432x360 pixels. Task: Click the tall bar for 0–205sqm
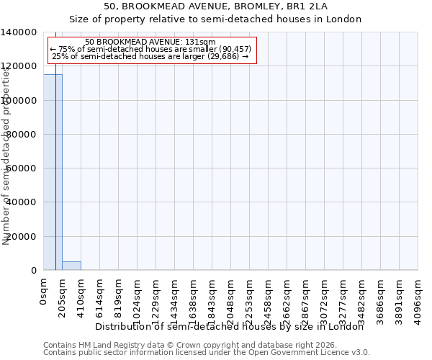[x=53, y=172]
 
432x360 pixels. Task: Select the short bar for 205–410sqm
[x=71, y=266]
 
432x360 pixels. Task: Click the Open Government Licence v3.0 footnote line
[x=207, y=353]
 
